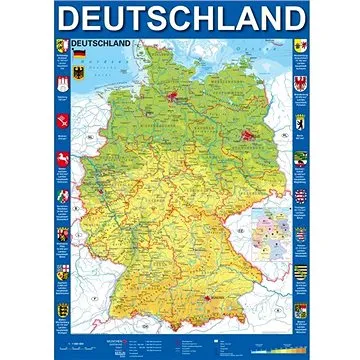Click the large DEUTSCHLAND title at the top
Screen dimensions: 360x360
[x=179, y=19]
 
